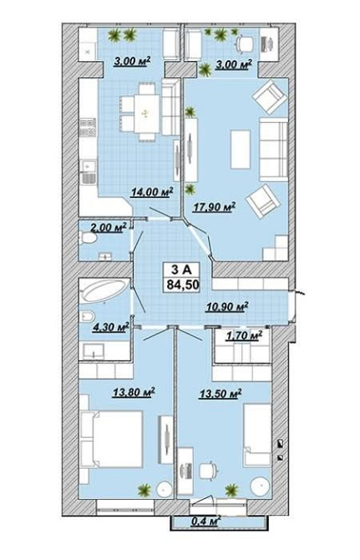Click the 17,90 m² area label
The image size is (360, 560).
tap(214, 207)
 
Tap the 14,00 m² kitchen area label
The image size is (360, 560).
tap(152, 192)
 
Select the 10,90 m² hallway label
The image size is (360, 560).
tap(227, 307)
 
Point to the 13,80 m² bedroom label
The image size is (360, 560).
tap(134, 393)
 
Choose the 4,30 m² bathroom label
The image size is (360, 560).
tap(110, 327)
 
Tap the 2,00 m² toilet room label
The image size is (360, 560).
tap(109, 227)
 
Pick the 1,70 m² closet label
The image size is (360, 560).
tap(244, 336)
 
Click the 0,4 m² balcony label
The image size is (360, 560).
tap(205, 521)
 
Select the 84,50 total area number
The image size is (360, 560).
tap(183, 285)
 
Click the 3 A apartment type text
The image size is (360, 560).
tap(181, 270)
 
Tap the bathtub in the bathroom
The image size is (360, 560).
tap(105, 290)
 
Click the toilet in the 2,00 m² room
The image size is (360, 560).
tap(88, 237)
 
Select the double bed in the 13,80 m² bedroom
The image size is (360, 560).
tap(112, 439)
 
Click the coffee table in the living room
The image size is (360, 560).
tap(241, 149)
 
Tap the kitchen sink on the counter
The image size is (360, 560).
tap(89, 172)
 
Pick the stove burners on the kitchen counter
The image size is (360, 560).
tap(88, 128)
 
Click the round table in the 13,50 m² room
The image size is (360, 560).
tap(261, 486)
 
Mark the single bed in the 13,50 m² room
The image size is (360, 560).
tap(257, 435)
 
